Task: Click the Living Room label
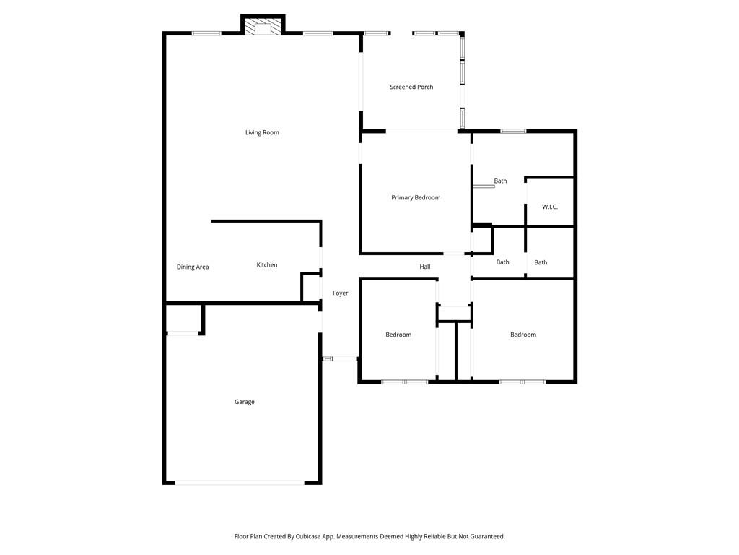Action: [x=262, y=133]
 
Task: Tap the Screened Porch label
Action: [x=411, y=87]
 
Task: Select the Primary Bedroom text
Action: [x=416, y=198]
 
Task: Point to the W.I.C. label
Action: [x=549, y=207]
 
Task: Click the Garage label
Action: [x=245, y=402]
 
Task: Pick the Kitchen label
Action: [x=267, y=264]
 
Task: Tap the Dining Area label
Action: [x=193, y=267]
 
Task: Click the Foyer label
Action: [x=341, y=293]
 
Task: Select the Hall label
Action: [x=425, y=267]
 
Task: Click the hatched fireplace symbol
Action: [x=263, y=28]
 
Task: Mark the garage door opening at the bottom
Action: [x=240, y=482]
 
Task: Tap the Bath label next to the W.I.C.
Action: [x=501, y=181]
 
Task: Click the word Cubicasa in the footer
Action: [x=309, y=537]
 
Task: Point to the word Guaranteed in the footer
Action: [x=488, y=537]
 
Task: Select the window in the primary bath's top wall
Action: [x=513, y=131]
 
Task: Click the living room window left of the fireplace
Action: [x=206, y=33]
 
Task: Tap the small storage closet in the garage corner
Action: [x=183, y=319]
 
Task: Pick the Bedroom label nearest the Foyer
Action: [x=398, y=335]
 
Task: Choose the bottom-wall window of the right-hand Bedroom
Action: [x=522, y=382]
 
